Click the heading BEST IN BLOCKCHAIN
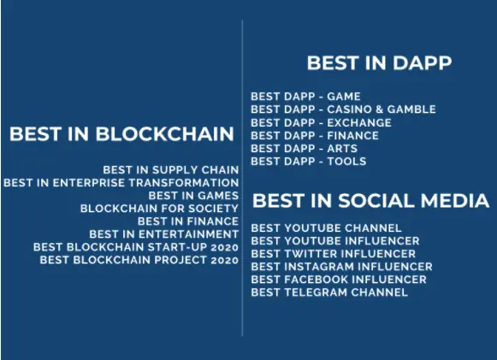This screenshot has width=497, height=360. (121, 133)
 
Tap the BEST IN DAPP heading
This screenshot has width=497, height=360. (379, 62)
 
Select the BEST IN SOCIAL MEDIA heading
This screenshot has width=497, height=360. (371, 201)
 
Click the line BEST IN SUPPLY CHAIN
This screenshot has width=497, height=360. (171, 170)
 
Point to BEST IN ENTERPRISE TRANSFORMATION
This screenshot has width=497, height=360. (121, 183)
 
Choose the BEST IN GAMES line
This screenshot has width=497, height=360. (193, 196)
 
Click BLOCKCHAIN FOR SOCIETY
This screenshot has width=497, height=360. (159, 209)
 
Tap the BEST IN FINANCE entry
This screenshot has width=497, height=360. (188, 221)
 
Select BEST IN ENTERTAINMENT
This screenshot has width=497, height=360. (164, 234)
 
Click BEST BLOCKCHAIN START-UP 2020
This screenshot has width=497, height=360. (136, 247)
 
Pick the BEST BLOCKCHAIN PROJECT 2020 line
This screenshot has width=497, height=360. (139, 260)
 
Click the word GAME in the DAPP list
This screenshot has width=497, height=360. (344, 97)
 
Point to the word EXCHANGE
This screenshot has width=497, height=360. (359, 122)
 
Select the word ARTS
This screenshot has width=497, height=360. (342, 148)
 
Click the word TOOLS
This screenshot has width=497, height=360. (346, 162)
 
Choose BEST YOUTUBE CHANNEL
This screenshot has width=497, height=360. (326, 227)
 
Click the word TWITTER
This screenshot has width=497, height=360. (311, 254)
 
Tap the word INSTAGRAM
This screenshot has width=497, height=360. (320, 267)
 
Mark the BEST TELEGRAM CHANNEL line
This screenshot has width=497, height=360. (329, 292)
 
